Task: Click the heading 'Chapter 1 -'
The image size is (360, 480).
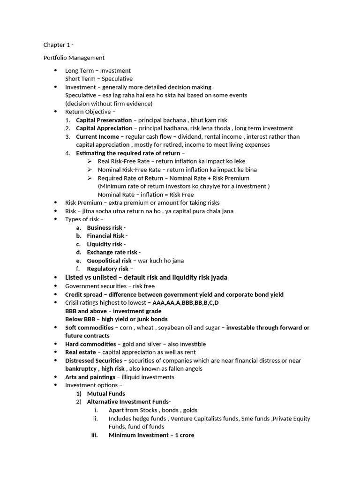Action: point(58,45)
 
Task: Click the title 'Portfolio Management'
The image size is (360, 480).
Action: point(74,58)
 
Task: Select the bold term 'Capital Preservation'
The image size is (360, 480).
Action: point(104,120)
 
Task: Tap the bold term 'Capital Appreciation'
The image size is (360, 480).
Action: point(104,128)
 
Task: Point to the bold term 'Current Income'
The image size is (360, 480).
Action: point(97,136)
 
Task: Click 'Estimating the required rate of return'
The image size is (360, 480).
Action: point(128,153)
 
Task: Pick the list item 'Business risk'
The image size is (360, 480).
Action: point(105,227)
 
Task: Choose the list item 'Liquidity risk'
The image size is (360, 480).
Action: point(105,244)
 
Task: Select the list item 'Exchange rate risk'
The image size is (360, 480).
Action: point(112,252)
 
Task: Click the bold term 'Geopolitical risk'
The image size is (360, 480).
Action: point(109,260)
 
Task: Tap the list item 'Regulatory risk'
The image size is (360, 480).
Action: point(108,269)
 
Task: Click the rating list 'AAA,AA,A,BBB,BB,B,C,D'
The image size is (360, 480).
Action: point(186,302)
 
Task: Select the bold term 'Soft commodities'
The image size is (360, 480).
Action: point(89,327)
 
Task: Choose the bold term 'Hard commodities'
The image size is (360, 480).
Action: point(90,344)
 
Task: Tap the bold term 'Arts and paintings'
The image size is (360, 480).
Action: point(90,377)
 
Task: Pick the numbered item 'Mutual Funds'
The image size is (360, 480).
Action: point(106,393)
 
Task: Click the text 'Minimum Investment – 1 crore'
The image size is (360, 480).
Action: point(151,435)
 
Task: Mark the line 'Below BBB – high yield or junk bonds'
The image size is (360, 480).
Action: point(116,319)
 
